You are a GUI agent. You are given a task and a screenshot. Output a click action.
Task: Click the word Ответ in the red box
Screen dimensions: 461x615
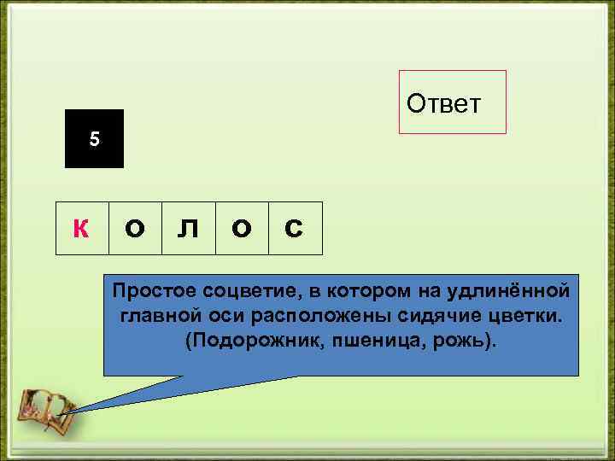[444, 103]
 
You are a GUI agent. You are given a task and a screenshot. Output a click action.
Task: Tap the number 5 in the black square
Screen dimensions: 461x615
[95, 139]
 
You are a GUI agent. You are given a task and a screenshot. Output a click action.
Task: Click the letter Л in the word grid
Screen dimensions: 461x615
[189, 229]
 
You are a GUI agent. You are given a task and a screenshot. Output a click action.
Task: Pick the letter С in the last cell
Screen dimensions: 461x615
[293, 229]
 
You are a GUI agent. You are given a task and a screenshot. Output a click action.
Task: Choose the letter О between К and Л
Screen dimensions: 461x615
[135, 229]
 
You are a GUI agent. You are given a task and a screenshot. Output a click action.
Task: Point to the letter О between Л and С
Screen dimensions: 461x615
[242, 229]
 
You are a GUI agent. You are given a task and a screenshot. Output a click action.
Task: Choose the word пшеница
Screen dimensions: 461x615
[365, 341]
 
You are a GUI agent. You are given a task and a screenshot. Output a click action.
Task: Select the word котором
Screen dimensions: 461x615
[367, 293]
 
